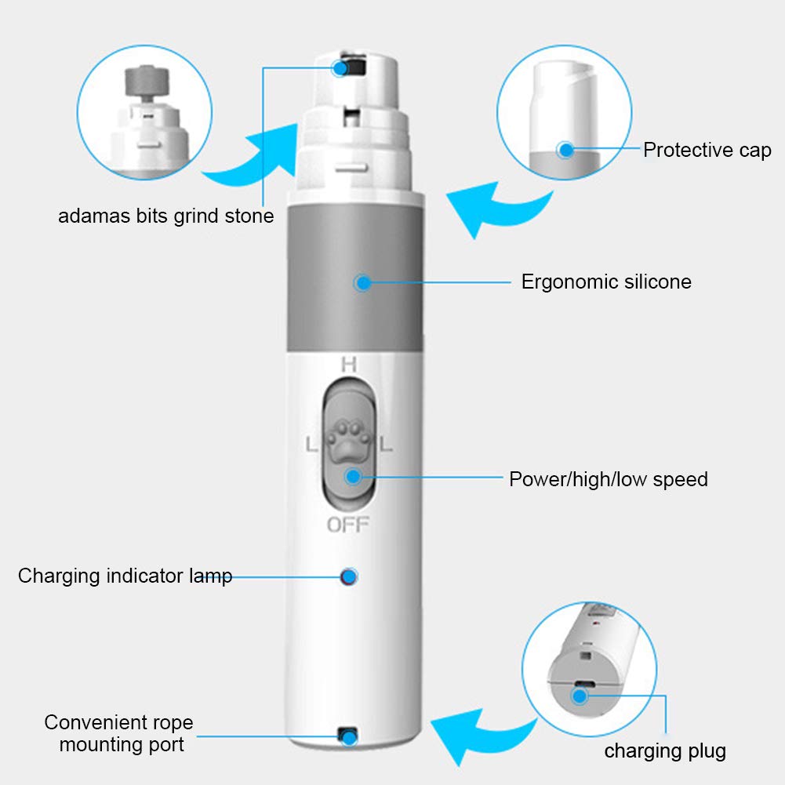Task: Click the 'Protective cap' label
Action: (707, 151)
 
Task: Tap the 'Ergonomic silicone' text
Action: (606, 282)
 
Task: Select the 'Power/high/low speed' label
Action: (609, 480)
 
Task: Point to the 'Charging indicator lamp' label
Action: (125, 576)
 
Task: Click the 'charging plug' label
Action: (665, 751)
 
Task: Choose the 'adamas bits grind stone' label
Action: (166, 216)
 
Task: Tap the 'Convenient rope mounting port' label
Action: (119, 733)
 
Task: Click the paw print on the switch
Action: (349, 440)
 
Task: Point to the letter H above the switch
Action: (349, 365)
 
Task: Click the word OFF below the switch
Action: (348, 525)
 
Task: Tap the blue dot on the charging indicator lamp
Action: (348, 576)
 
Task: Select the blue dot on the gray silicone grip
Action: (363, 283)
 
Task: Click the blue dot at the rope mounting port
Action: (348, 737)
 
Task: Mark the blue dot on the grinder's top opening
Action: (340, 68)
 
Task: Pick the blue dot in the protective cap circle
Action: (566, 150)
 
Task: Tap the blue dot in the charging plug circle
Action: (580, 696)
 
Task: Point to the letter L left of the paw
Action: (312, 444)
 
